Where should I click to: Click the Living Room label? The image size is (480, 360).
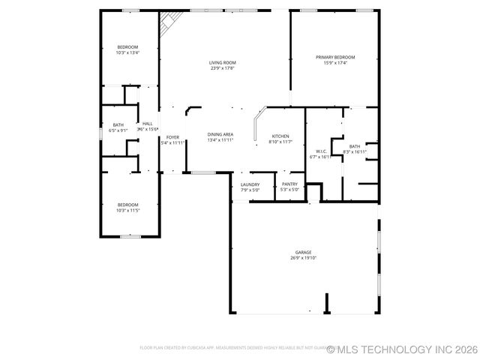[222, 62]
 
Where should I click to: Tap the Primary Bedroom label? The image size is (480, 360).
[334, 57]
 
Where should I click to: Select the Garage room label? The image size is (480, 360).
[303, 252]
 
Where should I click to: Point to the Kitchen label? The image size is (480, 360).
[280, 136]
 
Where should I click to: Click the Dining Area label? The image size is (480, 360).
[220, 134]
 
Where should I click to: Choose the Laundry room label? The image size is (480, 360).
[250, 184]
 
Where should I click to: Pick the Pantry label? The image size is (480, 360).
[289, 184]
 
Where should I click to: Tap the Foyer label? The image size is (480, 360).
[172, 137]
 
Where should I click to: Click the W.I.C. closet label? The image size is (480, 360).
[320, 151]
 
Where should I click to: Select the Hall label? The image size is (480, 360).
[147, 124]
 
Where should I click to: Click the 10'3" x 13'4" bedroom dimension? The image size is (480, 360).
[127, 52]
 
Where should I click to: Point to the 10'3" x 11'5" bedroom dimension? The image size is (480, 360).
[127, 211]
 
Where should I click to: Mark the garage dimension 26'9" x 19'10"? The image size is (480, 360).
[303, 258]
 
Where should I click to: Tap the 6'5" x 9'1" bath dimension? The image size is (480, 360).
[118, 130]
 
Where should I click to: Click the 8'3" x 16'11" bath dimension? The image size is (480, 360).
[355, 152]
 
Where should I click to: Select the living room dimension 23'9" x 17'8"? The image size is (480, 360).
[222, 68]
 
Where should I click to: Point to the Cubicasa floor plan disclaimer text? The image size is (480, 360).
[232, 348]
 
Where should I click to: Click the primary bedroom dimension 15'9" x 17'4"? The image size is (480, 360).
[334, 63]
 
